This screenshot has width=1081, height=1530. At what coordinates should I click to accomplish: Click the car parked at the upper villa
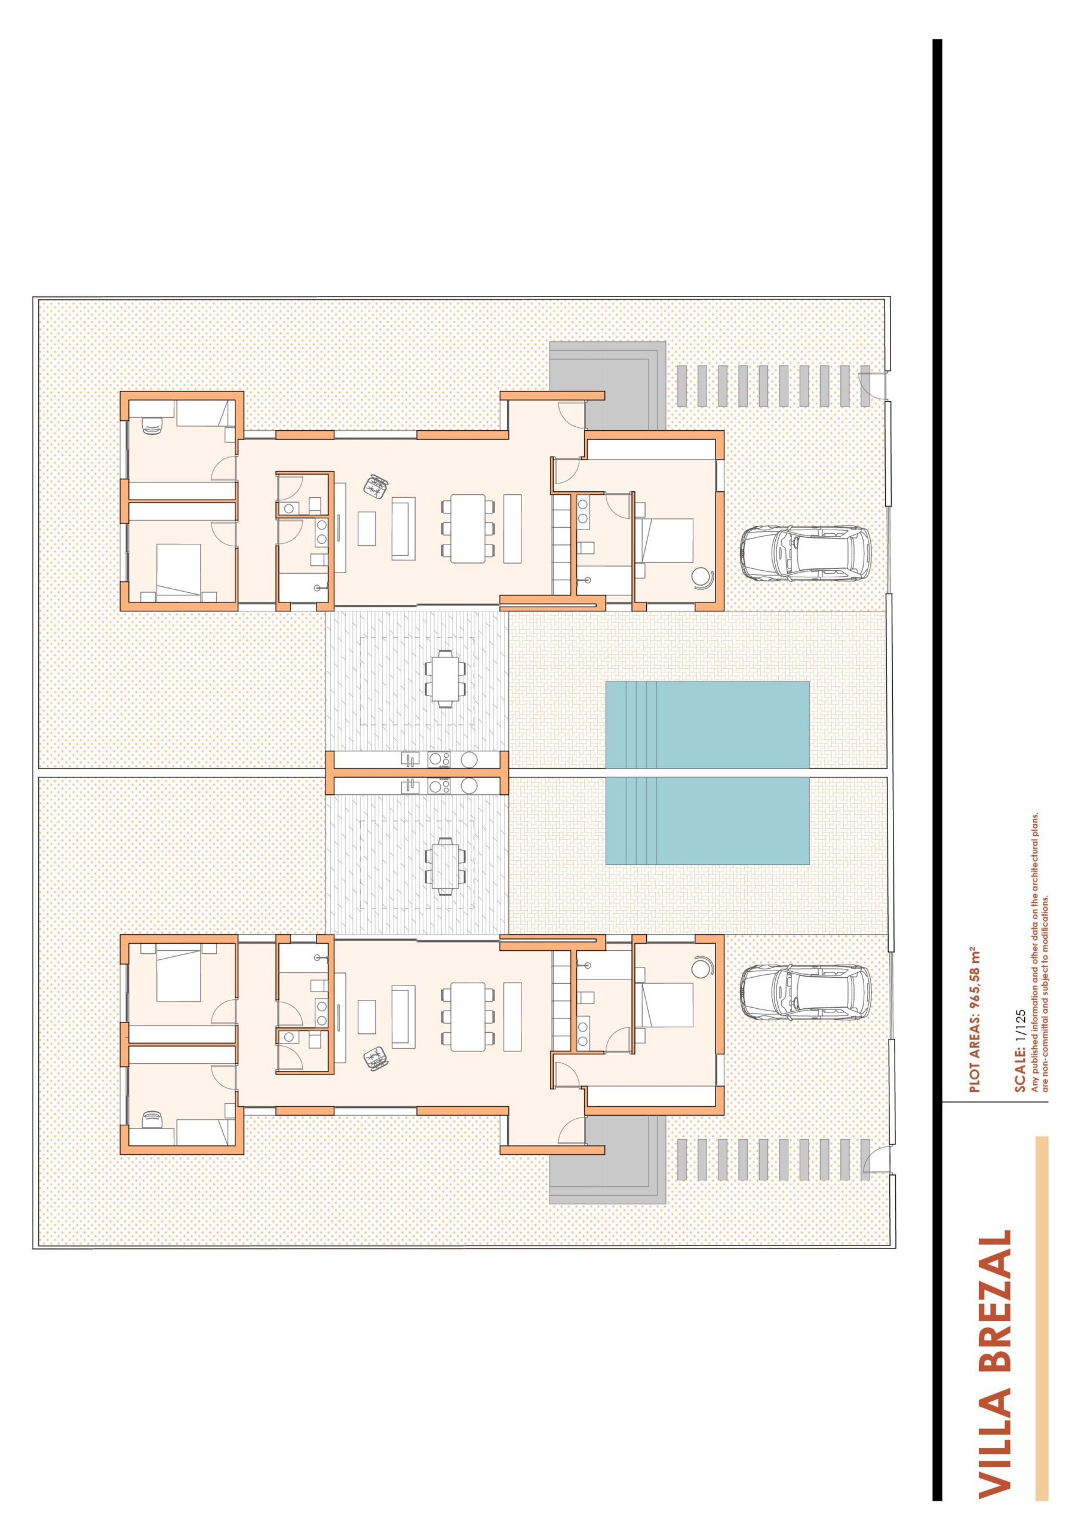[805, 551]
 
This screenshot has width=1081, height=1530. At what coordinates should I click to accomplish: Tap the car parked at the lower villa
[805, 992]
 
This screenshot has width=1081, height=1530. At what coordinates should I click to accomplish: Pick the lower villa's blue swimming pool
[707, 821]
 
